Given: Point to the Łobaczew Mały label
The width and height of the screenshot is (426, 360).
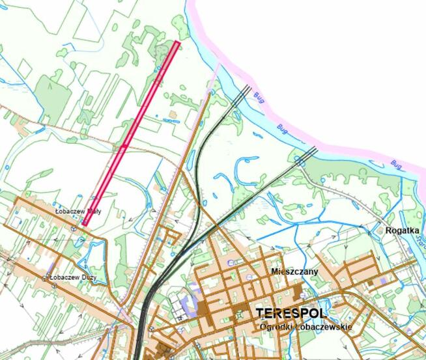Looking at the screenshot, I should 76,212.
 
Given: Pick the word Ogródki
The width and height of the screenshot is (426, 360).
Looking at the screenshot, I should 276,326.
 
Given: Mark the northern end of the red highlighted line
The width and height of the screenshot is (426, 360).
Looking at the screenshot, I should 177,43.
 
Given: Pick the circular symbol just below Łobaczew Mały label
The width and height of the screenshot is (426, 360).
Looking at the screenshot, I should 73,228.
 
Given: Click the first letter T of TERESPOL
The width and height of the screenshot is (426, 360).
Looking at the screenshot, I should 261,312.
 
